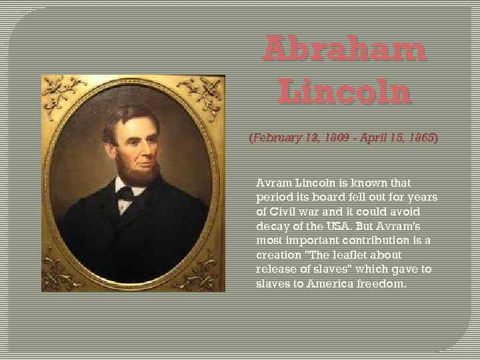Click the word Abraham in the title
pyautogui.click(x=344, y=51)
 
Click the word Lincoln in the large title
pyautogui.click(x=344, y=93)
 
